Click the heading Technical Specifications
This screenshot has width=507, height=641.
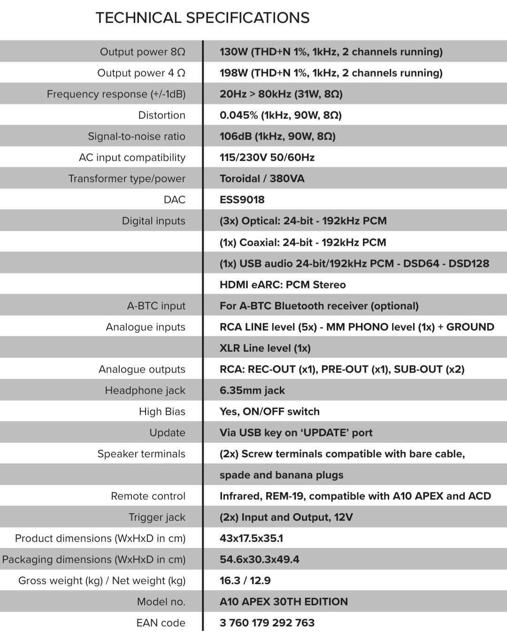coord(202,18)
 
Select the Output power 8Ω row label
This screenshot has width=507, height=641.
coord(142,52)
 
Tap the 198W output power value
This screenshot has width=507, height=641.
coord(233,73)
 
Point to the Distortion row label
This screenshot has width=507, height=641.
coord(161,115)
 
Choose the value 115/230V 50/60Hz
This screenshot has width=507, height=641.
coord(267,157)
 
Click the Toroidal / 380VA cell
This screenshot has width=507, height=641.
coord(261,178)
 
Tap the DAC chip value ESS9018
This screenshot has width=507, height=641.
coord(242,200)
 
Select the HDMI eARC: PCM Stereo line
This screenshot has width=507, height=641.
coord(282,285)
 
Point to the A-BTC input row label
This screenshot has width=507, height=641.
coord(156,306)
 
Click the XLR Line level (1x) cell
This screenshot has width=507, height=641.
coord(265,348)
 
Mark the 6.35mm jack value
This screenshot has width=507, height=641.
coord(252,390)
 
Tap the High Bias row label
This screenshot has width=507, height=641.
coord(162,411)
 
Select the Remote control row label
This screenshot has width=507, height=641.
coord(148,496)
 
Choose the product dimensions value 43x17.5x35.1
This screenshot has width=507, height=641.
coord(251,538)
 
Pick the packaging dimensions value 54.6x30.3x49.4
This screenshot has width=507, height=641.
coord(259,559)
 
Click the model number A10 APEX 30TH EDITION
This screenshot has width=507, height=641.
coord(284,602)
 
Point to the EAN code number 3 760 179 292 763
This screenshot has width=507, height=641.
coord(267,623)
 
